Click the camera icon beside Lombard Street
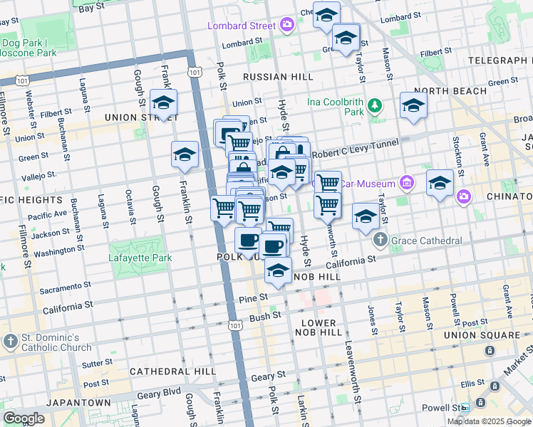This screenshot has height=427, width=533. pos(286,26)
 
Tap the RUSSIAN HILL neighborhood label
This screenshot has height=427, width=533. pos(277,76)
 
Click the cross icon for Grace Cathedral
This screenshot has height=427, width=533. pos(380,241)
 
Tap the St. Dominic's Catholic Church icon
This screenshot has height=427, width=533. pos(10,341)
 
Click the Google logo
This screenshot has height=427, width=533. pos(24,418)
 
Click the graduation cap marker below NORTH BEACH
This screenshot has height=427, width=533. pos(413,106)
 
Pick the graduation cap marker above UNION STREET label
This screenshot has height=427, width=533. pos(163,102)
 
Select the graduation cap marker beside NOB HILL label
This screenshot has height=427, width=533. pos(279,270)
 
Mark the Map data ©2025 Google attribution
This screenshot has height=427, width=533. pos(488,421)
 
